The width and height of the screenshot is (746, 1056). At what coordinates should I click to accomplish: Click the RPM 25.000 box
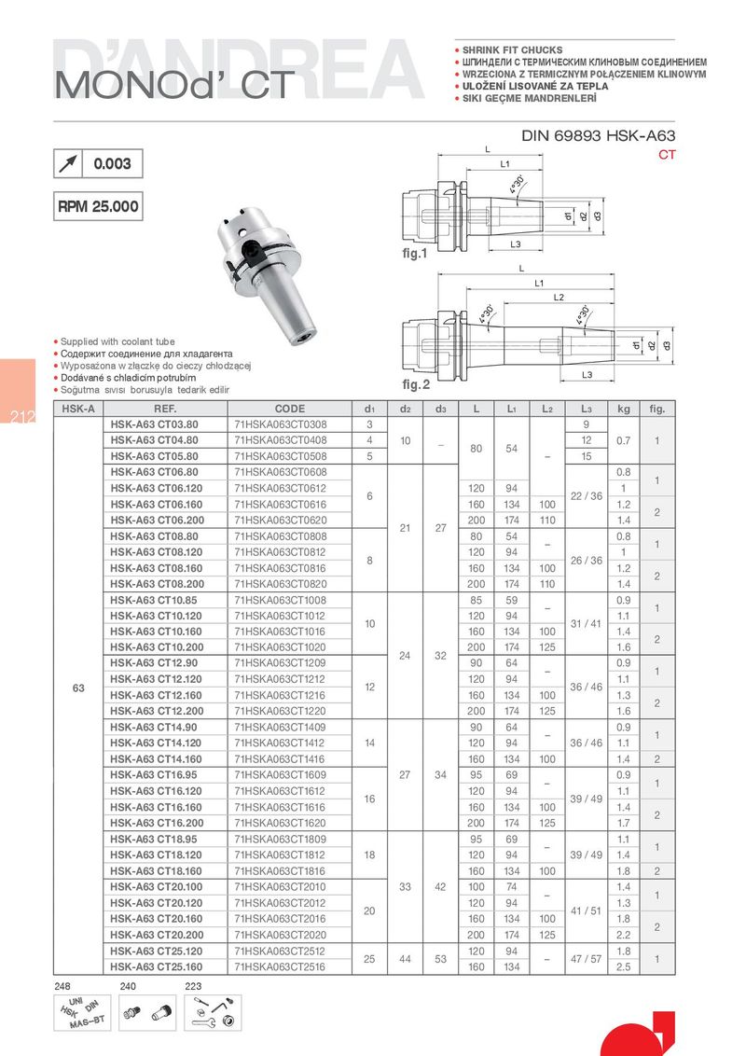(x=98, y=206)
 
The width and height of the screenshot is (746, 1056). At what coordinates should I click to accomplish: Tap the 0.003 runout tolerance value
(x=113, y=163)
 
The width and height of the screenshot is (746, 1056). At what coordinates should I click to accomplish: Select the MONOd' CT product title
(x=175, y=86)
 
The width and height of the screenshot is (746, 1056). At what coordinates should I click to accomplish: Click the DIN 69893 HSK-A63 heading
(x=598, y=136)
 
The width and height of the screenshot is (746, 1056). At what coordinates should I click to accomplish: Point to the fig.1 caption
(x=415, y=254)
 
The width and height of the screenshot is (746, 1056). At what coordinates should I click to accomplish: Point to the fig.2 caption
(x=415, y=384)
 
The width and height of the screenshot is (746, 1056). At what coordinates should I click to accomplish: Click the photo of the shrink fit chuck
(x=268, y=274)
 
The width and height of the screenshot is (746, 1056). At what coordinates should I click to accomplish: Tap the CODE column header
(x=289, y=409)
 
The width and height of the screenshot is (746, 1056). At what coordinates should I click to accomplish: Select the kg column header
(x=624, y=409)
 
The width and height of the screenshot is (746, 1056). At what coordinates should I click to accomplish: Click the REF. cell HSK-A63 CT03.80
(x=154, y=424)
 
